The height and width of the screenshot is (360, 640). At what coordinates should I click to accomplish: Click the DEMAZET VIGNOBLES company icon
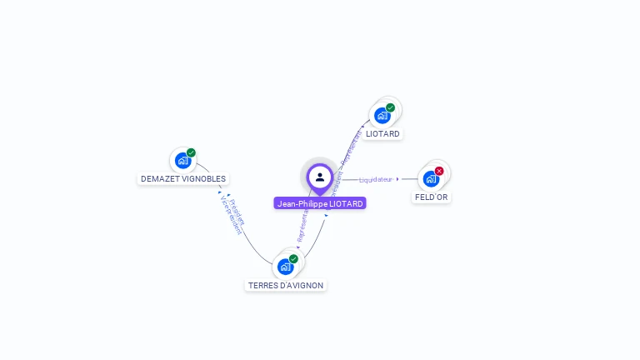pos(182,160)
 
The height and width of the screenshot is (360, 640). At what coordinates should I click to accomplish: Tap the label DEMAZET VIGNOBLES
pos(183,179)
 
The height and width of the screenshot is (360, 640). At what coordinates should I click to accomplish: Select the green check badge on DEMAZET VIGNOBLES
pos(191,152)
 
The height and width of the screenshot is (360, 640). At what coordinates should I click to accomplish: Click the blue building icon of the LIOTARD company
pos(382,115)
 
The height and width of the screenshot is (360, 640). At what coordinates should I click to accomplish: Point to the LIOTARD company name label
pos(382,134)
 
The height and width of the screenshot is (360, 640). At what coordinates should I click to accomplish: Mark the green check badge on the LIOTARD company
pos(390,107)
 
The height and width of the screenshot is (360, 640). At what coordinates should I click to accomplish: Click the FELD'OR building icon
pos(431,178)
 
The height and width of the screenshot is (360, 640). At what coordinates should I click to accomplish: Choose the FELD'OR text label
pos(432,197)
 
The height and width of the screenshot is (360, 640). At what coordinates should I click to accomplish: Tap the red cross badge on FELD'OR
pos(439,171)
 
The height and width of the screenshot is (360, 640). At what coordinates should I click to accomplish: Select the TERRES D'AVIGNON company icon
pos(285,267)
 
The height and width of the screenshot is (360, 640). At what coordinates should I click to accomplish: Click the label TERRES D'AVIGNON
pos(286,286)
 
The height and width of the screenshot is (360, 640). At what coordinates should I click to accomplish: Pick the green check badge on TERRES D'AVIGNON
pos(293,259)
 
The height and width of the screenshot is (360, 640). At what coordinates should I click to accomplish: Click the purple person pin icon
pos(320,177)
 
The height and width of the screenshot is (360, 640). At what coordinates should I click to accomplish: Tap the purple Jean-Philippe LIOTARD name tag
pos(320,203)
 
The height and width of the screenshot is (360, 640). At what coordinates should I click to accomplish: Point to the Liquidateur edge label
pos(376,179)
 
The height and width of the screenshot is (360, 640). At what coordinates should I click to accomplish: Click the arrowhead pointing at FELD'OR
pos(398,179)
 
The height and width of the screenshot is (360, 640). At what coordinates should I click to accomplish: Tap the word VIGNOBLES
pos(205,179)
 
